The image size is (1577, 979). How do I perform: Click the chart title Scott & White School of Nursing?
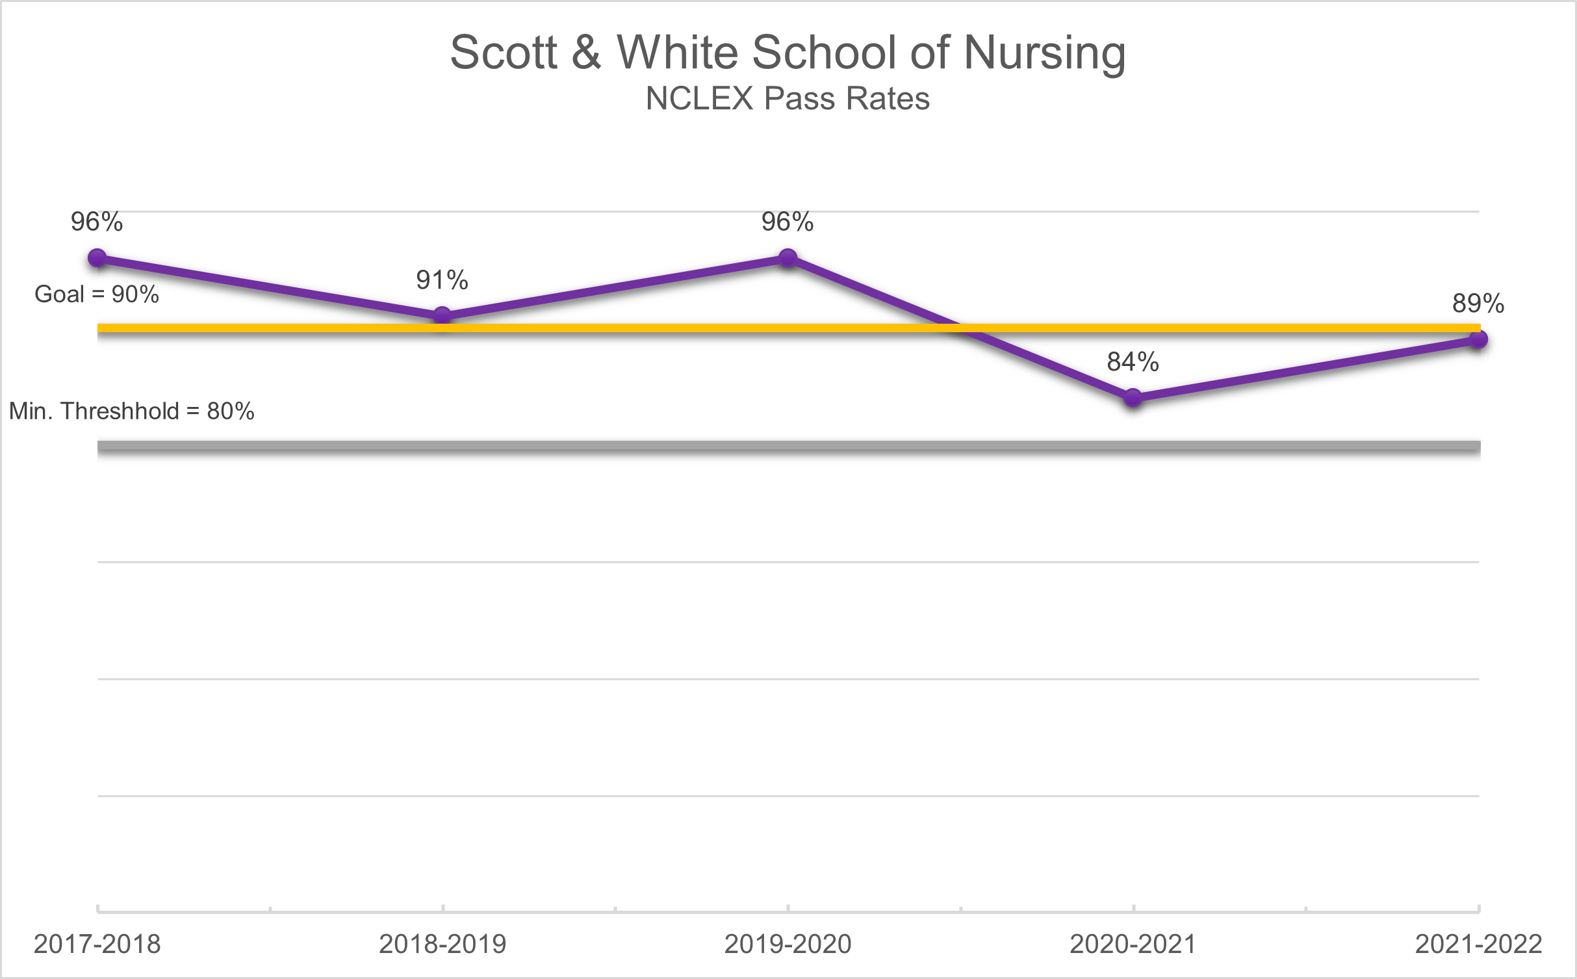[788, 52]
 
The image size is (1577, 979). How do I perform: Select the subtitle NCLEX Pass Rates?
[788, 99]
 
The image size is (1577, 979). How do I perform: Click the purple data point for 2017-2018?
[97, 258]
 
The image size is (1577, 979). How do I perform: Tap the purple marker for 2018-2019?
[442, 317]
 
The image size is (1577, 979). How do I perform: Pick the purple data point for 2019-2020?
[788, 258]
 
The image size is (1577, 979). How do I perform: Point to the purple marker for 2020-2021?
[1133, 397]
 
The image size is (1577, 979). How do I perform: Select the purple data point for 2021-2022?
[1478, 339]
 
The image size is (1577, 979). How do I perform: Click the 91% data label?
[442, 280]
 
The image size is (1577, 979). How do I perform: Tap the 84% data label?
[1133, 362]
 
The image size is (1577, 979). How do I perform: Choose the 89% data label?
[1478, 304]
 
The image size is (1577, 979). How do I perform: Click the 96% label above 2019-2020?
[788, 222]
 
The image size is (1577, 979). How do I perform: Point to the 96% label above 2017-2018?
[97, 222]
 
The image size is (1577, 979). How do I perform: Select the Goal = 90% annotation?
[97, 294]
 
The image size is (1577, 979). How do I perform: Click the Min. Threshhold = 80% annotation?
[132, 411]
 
